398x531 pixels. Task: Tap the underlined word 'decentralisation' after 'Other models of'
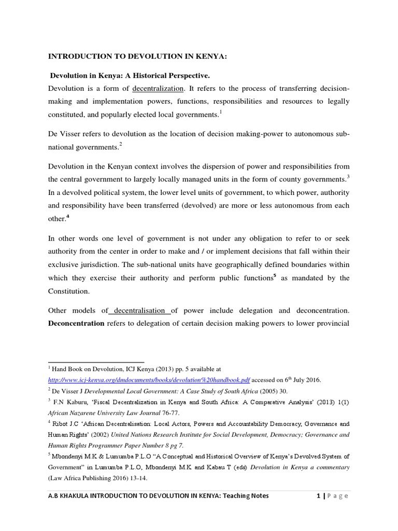(139, 311)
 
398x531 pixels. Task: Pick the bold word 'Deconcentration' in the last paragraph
(76, 324)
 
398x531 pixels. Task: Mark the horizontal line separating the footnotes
(96, 361)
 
